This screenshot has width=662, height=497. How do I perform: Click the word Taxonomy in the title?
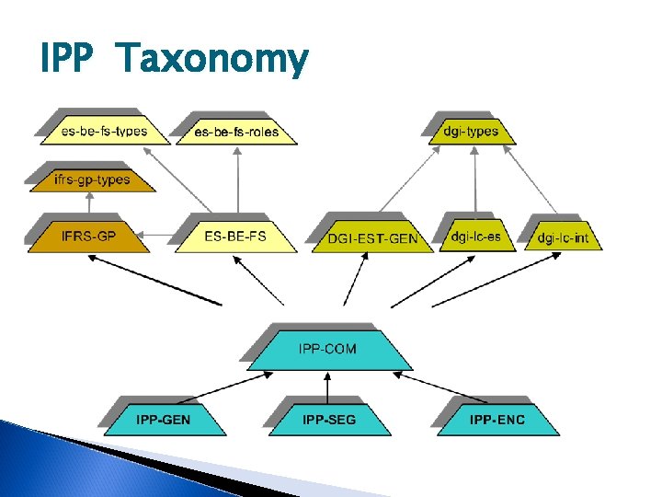coord(213,61)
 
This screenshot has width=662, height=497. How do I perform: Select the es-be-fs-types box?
coord(104,131)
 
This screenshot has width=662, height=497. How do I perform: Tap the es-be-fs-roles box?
coord(236,132)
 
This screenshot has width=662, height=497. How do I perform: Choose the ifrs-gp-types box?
coord(92,179)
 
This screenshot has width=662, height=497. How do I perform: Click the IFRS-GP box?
coord(88,237)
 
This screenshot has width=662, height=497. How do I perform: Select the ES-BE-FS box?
coord(235,237)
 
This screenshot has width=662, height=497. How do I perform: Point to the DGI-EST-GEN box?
coord(372,238)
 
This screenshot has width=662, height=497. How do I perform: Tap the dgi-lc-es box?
coord(476,237)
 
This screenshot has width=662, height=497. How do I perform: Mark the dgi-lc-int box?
coord(563,238)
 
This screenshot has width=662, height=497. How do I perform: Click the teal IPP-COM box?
coord(327,349)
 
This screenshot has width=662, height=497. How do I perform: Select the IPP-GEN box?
coord(165,420)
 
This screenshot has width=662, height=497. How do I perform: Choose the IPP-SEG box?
coord(328,420)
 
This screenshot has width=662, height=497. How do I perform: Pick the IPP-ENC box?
coord(497,420)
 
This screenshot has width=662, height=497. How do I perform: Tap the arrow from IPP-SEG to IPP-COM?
coord(328,387)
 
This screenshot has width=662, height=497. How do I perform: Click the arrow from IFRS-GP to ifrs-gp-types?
coord(88,204)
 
